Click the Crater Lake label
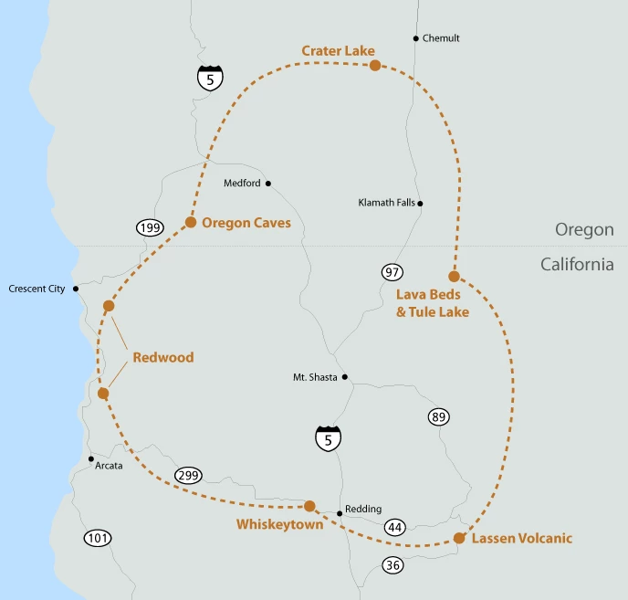tap(338, 50)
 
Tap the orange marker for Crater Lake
tap(375, 65)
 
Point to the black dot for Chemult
tap(416, 38)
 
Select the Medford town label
tap(242, 183)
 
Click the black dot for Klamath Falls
tap(421, 204)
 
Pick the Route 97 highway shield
tap(392, 272)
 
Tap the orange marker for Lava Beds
tap(454, 276)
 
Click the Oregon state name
tap(584, 229)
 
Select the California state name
tap(577, 264)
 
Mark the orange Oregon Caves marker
tap(191, 222)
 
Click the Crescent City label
tap(37, 289)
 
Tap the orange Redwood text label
tap(163, 357)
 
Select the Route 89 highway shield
tap(438, 417)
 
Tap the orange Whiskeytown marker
tap(309, 506)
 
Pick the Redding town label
tap(363, 509)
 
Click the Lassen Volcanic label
tap(522, 538)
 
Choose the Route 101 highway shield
tap(98, 538)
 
